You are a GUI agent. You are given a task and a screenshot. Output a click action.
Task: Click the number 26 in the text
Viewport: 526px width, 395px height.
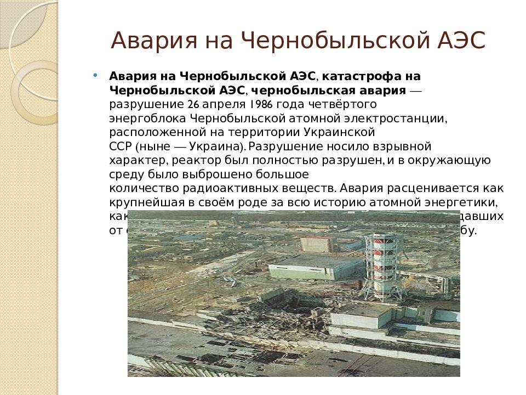[192, 104]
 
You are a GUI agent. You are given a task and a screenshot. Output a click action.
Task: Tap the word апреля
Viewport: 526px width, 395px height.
[222, 104]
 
